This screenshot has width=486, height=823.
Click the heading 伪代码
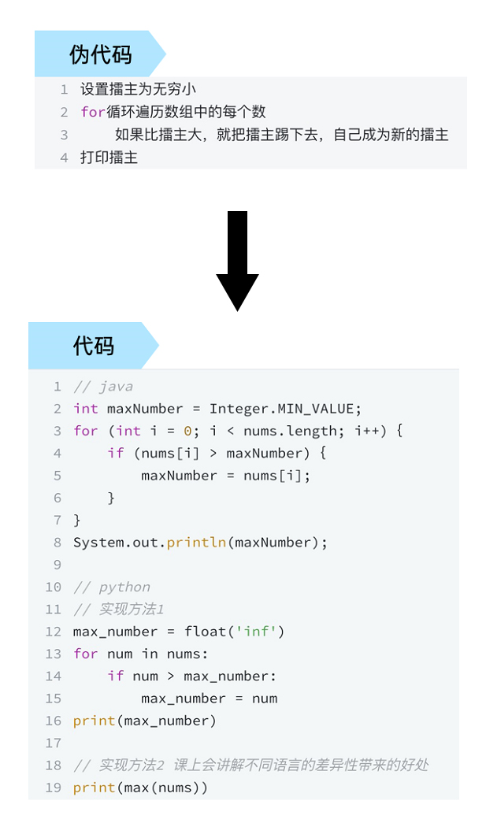tap(100, 55)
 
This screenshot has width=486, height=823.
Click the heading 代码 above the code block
tap(94, 346)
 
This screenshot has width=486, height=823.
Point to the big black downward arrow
tap(237, 260)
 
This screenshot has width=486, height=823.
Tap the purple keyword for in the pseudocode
tap(93, 113)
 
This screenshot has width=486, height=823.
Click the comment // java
tap(103, 387)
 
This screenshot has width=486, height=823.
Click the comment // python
tap(112, 587)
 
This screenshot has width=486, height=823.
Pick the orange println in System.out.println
tap(197, 543)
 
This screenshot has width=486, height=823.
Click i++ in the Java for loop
tap(367, 431)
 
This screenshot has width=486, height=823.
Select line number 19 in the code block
tap(53, 788)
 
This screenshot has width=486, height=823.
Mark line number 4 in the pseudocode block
tap(64, 158)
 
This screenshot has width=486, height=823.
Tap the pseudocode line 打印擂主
tap(109, 158)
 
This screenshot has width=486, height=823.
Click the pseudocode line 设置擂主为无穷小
tap(138, 90)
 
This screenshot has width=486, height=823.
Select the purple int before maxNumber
tap(86, 409)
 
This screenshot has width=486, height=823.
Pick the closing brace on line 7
tap(77, 520)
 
